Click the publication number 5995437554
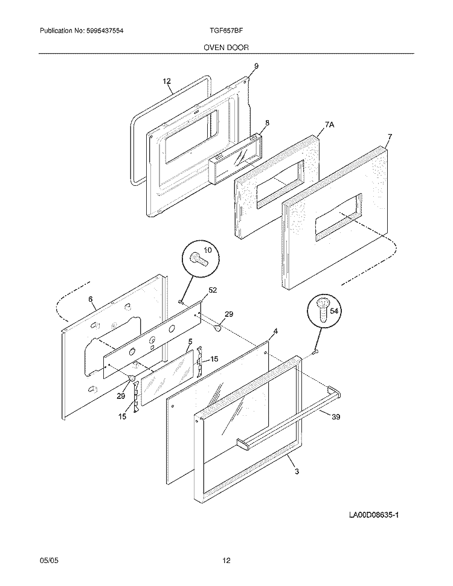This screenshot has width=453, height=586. coord(108,31)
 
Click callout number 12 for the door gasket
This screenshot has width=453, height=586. coord(167,81)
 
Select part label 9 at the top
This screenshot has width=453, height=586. coord(256,66)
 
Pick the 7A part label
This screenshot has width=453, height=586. coord(329,125)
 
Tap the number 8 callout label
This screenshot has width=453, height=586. coord(267,123)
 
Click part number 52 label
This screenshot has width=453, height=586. coord(213,290)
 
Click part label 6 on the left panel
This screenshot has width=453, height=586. coord(90,299)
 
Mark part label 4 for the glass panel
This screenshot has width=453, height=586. coord(275,331)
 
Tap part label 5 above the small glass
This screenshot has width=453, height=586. coord(190,342)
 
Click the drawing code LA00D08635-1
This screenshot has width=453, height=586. coord(374,515)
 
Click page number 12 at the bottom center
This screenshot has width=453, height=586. coord(226,561)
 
